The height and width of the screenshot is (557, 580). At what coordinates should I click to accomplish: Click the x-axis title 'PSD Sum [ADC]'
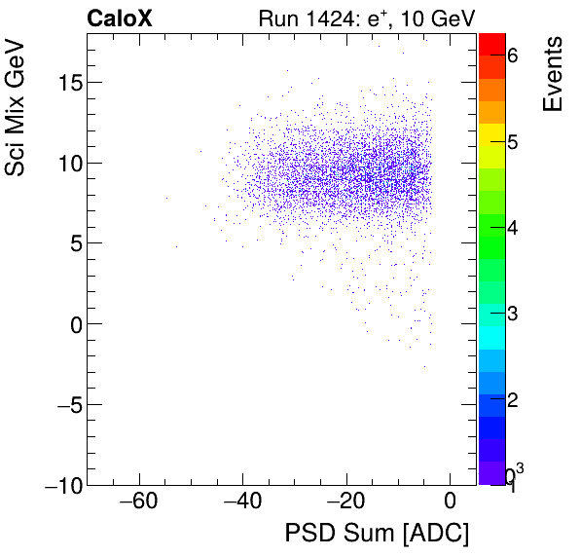pyautogui.click(x=377, y=535)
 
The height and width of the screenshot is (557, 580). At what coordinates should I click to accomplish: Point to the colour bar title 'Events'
pyautogui.click(x=552, y=74)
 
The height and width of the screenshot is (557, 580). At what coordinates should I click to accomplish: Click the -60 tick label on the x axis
pyautogui.click(x=138, y=502)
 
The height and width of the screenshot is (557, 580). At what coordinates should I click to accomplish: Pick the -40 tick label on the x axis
pyautogui.click(x=242, y=502)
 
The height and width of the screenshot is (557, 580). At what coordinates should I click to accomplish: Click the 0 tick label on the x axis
pyautogui.click(x=450, y=502)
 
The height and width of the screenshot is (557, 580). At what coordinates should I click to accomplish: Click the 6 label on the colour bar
pyautogui.click(x=512, y=56)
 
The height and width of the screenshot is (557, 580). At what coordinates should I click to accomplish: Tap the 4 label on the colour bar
pyautogui.click(x=512, y=229)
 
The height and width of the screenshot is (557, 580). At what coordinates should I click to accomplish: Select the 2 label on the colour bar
pyautogui.click(x=512, y=401)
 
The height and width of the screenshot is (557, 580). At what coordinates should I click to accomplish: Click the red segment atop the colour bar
pyautogui.click(x=492, y=43)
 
